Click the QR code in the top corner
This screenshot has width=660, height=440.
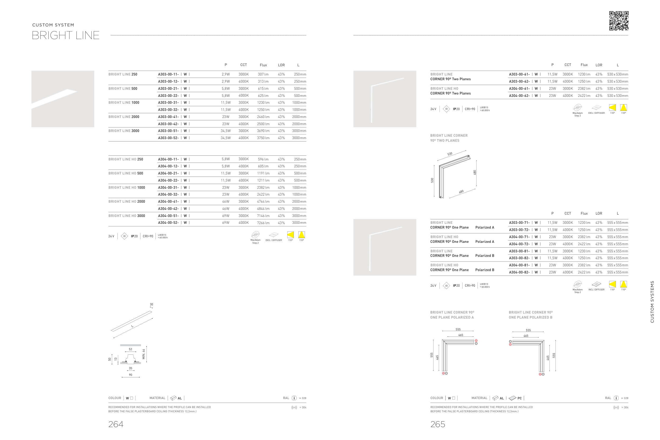click(x=619, y=21)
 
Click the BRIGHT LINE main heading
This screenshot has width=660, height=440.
click(x=66, y=35)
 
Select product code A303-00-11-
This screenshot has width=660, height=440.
click(x=168, y=74)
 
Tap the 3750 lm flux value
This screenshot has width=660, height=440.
click(x=263, y=138)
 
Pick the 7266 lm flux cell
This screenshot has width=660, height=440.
click(x=263, y=223)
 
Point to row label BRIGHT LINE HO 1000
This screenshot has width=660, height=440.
click(x=126, y=187)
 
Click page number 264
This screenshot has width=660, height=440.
click(x=116, y=424)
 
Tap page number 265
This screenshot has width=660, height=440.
click(x=437, y=424)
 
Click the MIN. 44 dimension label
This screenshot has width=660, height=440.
click(x=144, y=354)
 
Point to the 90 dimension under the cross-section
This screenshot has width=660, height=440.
click(x=130, y=375)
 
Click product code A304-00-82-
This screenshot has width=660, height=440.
click(x=519, y=272)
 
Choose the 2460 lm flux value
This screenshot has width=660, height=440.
click(x=263, y=117)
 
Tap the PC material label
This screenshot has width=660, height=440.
click(x=519, y=398)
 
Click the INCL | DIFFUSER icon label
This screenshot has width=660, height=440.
click(x=596, y=290)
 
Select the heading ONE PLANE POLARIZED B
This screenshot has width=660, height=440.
click(x=530, y=317)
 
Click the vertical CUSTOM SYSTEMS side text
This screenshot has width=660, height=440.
click(x=652, y=302)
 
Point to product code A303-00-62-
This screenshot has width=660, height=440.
click(x=519, y=81)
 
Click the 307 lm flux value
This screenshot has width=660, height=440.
click(x=263, y=74)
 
